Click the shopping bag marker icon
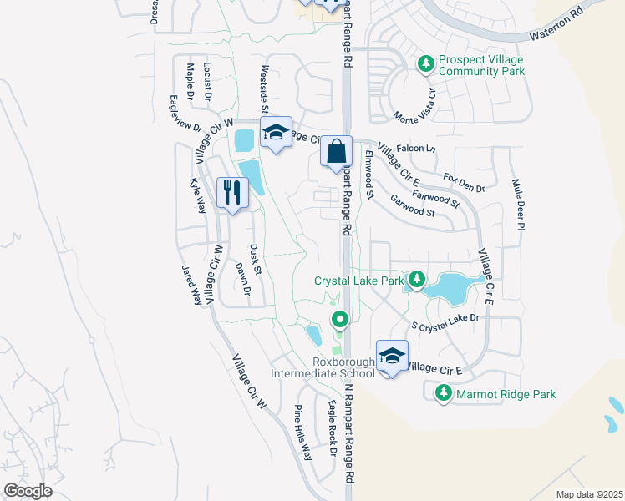point(336,152)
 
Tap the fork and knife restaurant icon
point(231,194)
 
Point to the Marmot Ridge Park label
point(505,392)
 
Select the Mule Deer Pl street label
point(518,204)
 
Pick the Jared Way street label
point(191,284)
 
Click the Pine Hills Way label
point(302,433)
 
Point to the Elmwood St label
point(368,175)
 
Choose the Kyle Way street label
point(197,195)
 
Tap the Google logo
point(28,490)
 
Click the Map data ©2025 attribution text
point(588,494)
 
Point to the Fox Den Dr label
point(464,183)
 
